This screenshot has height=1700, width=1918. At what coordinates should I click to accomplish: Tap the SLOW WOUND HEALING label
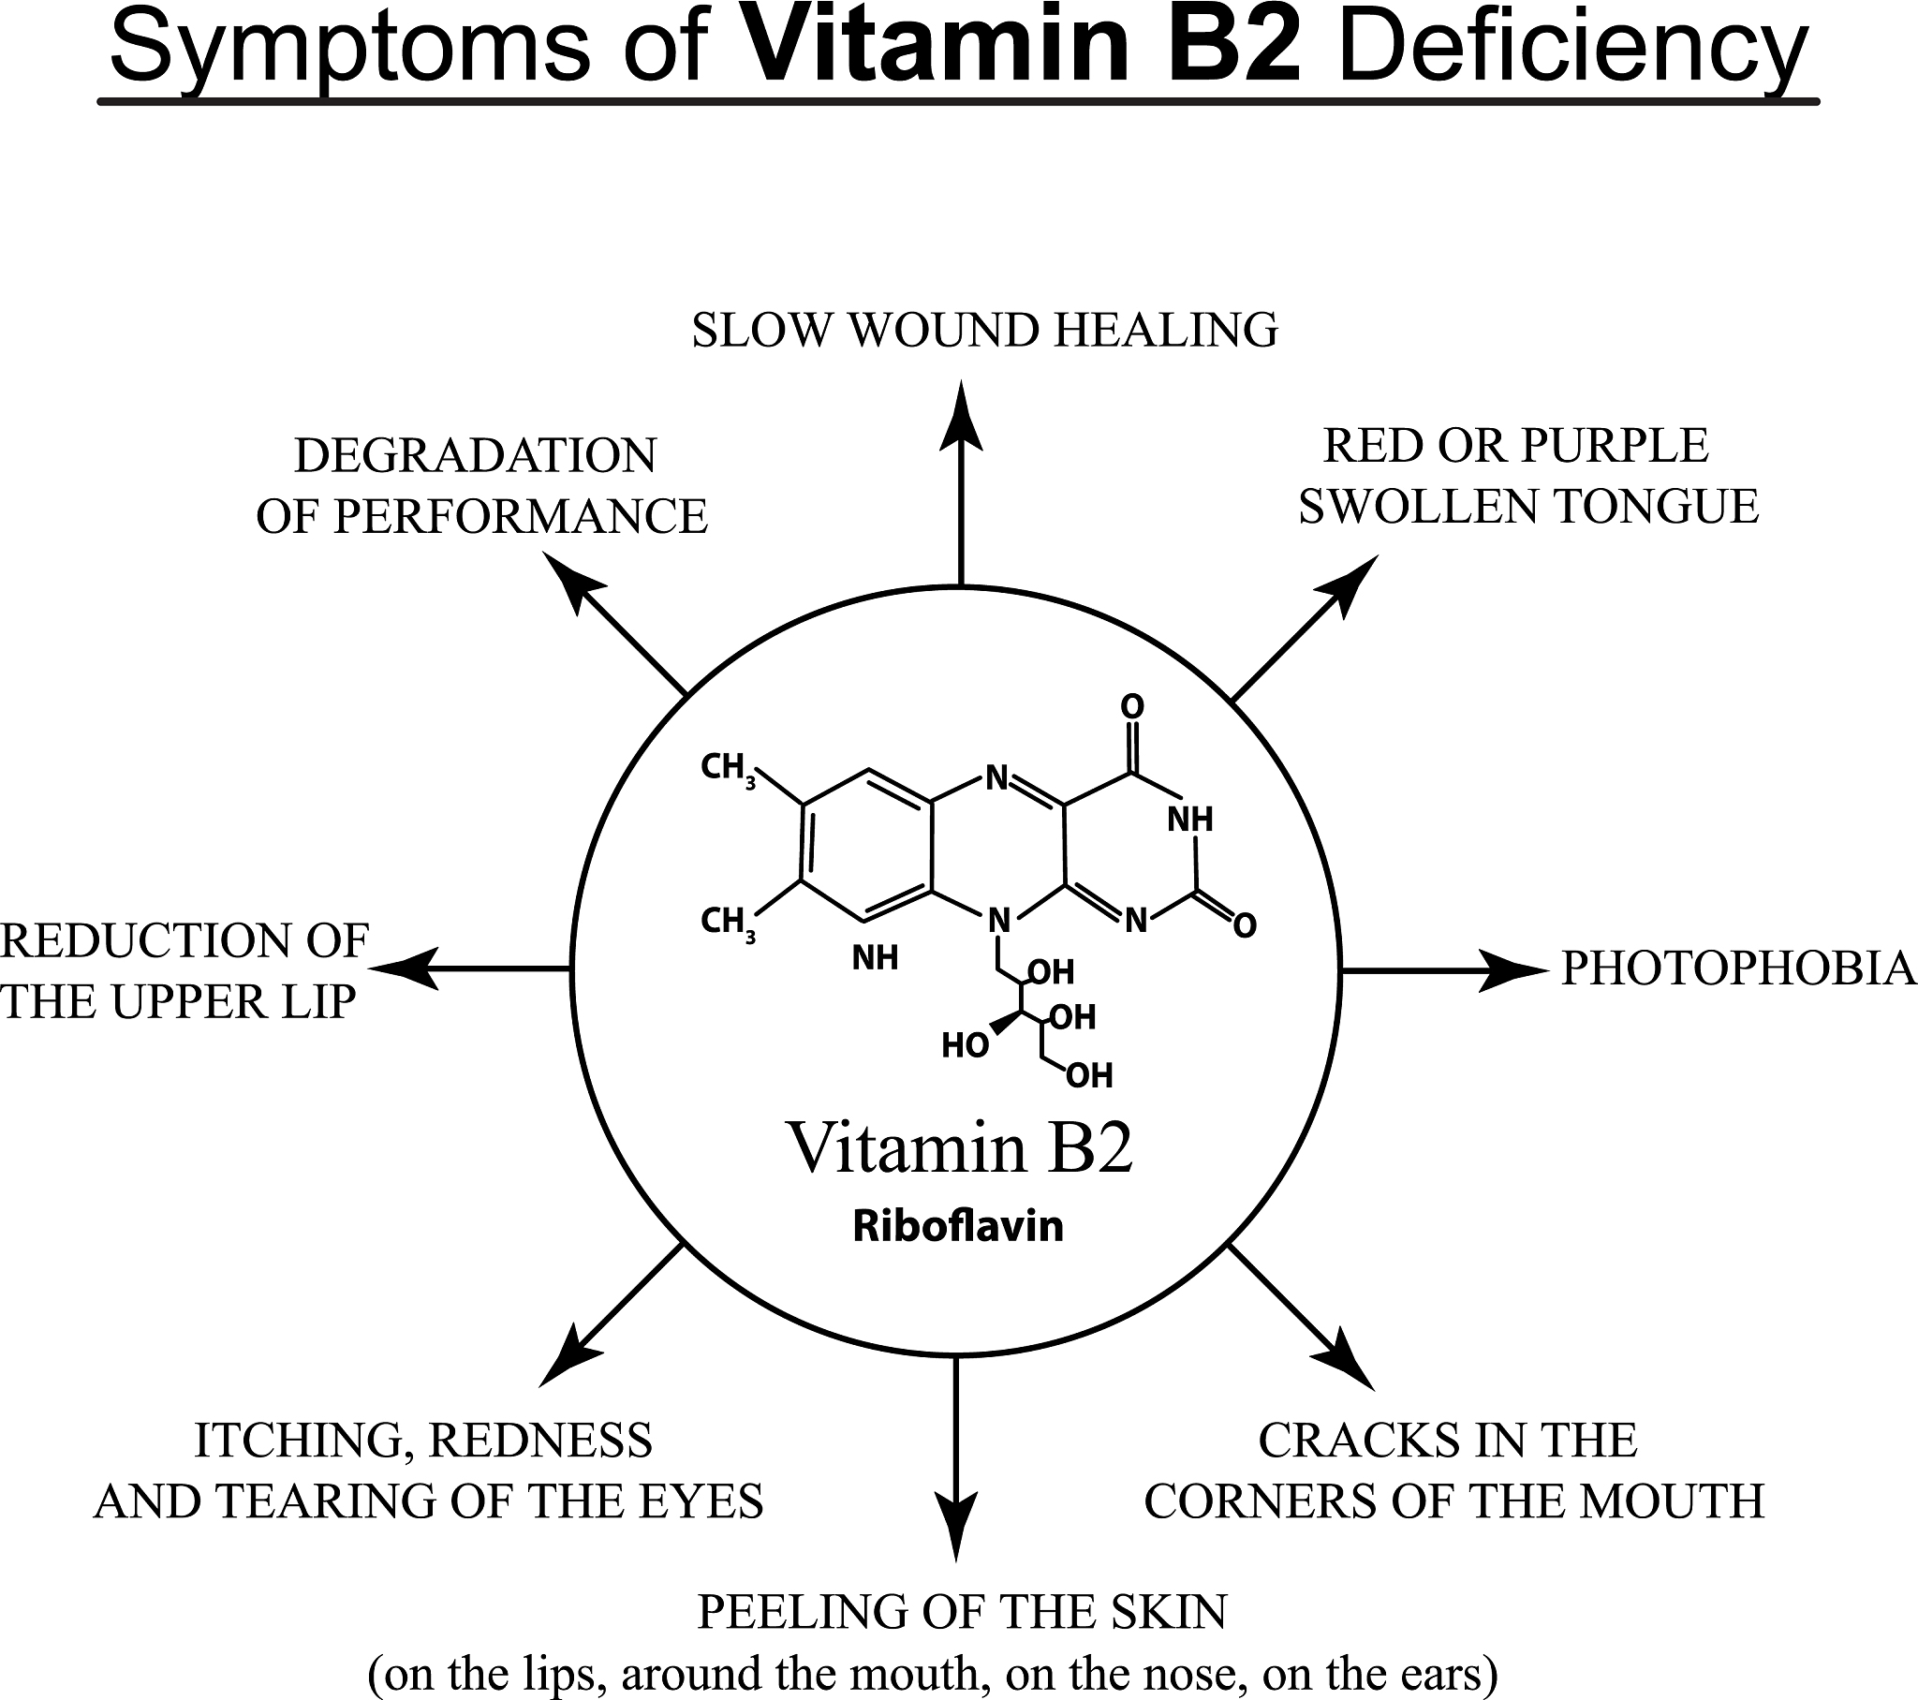tap(984, 331)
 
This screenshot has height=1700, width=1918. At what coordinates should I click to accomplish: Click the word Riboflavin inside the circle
tap(958, 1226)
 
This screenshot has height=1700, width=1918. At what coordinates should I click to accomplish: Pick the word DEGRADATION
tap(476, 456)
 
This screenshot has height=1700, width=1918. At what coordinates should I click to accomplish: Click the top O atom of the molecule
tap(1132, 707)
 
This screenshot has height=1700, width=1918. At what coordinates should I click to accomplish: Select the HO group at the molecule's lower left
tap(965, 1045)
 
